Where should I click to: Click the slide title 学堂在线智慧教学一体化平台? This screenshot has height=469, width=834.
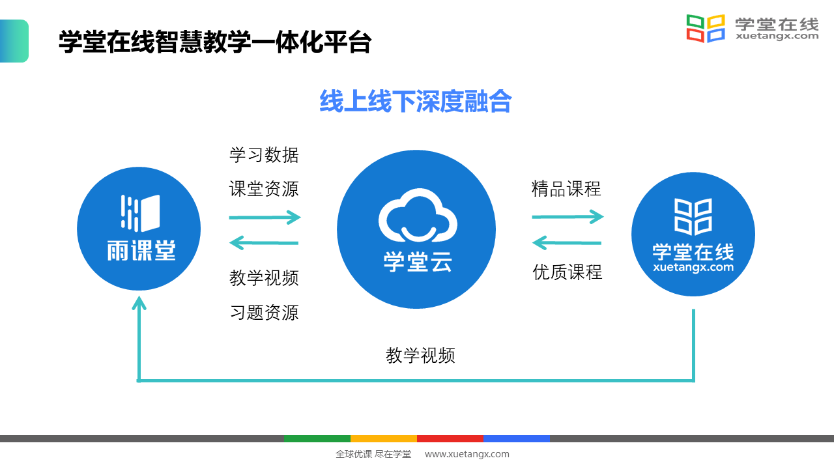pos(215,43)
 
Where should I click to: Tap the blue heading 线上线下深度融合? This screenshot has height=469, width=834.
pos(415,102)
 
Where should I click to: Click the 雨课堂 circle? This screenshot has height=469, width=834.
pos(139,229)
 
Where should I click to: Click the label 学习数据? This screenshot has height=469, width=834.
pos(264,155)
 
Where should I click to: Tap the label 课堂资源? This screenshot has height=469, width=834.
pos(264,189)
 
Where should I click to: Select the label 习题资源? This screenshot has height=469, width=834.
pos(264,312)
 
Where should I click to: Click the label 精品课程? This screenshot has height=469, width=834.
pos(566,189)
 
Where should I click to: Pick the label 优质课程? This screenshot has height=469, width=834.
pos(568,272)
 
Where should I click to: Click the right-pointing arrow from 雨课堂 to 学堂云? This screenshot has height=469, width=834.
pos(265,218)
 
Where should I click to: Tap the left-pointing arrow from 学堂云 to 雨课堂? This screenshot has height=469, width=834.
pos(264,244)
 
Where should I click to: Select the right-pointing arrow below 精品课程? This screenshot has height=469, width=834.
pos(568,216)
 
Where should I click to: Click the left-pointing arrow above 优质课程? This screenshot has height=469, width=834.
pos(567,243)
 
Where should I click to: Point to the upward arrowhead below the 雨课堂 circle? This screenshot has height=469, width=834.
pos(139,304)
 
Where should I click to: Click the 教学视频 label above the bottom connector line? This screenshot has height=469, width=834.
pos(420,356)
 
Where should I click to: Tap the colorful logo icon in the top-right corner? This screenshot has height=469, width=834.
pos(706,29)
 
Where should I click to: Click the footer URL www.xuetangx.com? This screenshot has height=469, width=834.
pos(467,454)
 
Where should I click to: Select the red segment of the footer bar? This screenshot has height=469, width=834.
pos(450,438)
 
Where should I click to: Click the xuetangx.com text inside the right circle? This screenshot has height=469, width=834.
pos(693,267)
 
